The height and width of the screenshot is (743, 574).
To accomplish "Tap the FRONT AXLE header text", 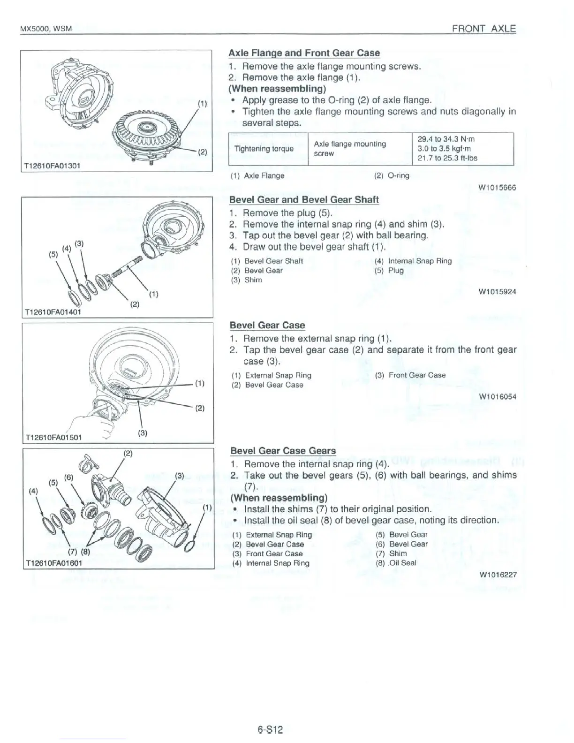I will click(x=483, y=29).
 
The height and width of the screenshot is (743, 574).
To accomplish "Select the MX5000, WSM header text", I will click(x=45, y=29).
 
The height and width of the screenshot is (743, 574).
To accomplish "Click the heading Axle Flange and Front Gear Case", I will click(x=304, y=53).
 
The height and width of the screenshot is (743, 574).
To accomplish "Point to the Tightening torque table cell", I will click(x=264, y=149).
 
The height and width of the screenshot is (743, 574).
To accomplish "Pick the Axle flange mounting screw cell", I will click(x=350, y=149).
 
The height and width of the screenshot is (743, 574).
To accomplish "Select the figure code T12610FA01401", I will click(x=52, y=311).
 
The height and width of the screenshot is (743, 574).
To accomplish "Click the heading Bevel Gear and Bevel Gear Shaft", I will click(x=303, y=199).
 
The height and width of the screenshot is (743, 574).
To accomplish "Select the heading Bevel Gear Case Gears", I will click(x=283, y=451).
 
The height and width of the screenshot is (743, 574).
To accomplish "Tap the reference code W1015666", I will click(x=497, y=188).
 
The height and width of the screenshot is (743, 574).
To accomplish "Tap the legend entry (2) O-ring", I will click(x=392, y=175).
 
